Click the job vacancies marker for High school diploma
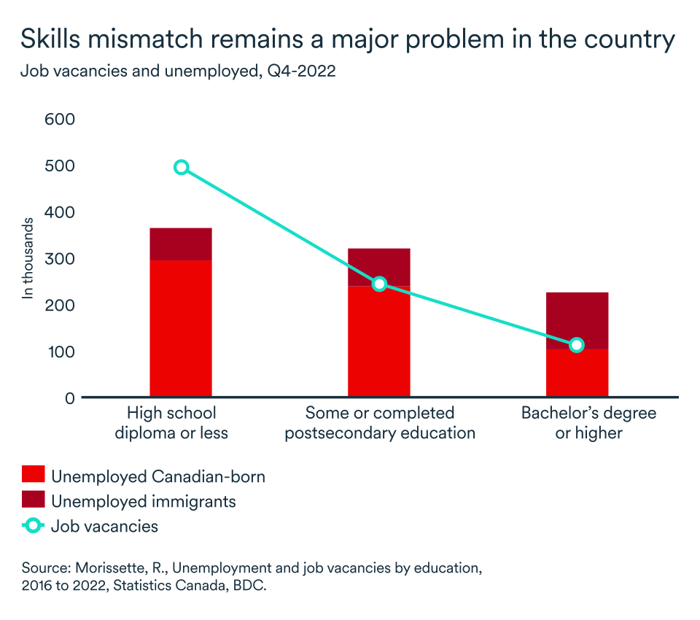point(181,168)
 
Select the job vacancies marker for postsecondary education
point(378,284)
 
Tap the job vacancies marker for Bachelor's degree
point(577,345)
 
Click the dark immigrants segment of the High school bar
point(181,244)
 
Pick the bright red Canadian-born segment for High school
point(181,328)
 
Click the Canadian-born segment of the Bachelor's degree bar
point(577,373)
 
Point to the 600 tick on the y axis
point(60,119)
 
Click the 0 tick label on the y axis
point(69,398)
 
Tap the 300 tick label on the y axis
point(60,259)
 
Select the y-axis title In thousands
point(28,258)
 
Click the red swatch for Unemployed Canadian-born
point(34,477)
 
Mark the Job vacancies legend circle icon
point(34,526)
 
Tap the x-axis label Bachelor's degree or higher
point(588,423)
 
